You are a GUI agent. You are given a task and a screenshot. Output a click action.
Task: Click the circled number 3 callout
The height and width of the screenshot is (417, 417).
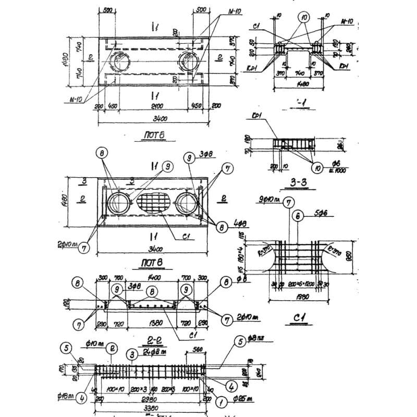tap(133, 354)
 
